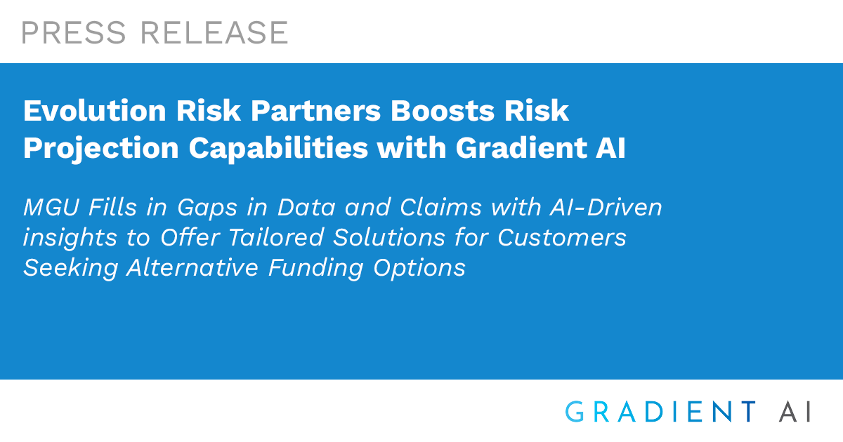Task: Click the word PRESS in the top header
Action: [73, 33]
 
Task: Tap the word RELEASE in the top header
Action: [214, 33]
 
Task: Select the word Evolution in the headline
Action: [94, 111]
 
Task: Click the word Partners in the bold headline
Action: [315, 111]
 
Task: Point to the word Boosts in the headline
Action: [443, 111]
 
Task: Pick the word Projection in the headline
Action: [101, 149]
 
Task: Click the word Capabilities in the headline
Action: [278, 148]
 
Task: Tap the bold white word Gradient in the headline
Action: [521, 148]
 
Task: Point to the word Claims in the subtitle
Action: [440, 207]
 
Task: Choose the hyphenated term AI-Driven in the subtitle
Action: [606, 207]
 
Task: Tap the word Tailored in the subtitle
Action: [276, 237]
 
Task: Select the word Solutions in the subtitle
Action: [388, 237]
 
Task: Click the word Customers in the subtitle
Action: [562, 237]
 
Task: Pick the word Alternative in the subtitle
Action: [192, 267]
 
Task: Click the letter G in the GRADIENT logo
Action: [575, 412]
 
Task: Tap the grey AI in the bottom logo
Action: [795, 412]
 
